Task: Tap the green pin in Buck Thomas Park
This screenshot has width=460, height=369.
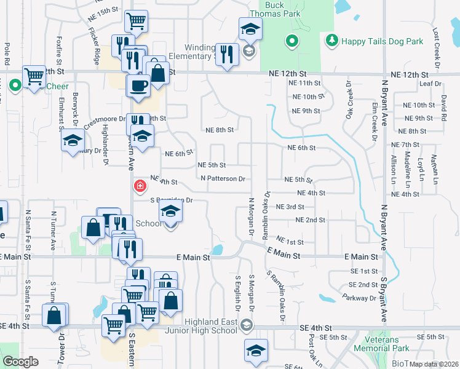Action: (x=292, y=41)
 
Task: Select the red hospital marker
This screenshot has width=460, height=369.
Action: (x=140, y=185)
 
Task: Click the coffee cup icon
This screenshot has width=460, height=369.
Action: (x=138, y=85)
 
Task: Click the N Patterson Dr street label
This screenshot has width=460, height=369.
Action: (x=223, y=179)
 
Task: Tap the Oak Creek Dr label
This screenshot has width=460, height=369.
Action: (x=349, y=100)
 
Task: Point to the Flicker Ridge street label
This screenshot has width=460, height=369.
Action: (x=94, y=48)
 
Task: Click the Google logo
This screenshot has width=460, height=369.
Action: (x=20, y=362)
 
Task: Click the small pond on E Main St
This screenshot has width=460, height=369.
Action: (x=216, y=250)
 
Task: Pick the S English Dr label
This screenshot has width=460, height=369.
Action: (x=237, y=292)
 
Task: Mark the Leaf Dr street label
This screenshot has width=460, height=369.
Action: (x=430, y=84)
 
